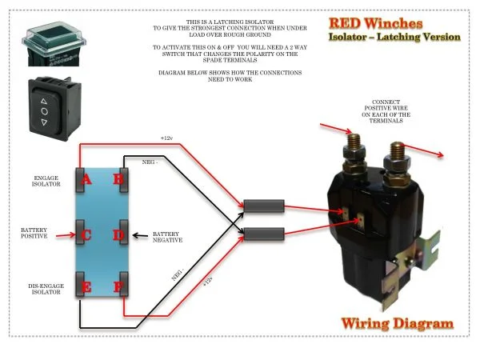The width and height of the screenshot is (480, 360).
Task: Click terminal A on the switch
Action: pyautogui.click(x=83, y=178)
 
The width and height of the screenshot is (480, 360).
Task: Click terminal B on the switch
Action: pyautogui.click(x=119, y=178)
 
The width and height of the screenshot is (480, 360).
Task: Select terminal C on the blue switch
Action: pyautogui.click(x=83, y=235)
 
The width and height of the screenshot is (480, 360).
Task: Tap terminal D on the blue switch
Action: pyautogui.click(x=120, y=235)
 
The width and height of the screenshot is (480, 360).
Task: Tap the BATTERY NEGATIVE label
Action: pyautogui.click(x=167, y=237)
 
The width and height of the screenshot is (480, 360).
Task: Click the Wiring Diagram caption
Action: pyautogui.click(x=397, y=324)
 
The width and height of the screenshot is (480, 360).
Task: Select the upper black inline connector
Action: pyautogui.click(x=263, y=208)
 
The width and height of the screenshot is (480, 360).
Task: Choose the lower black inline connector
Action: pyautogui.click(x=263, y=234)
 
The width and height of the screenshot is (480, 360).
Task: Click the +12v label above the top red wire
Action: pyautogui.click(x=166, y=138)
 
